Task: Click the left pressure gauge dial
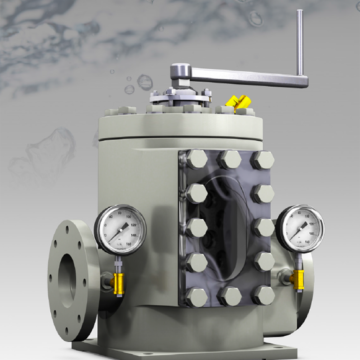[120, 228]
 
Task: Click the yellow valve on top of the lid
[238, 101]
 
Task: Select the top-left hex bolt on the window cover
[196, 161]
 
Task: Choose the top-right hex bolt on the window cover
[263, 160]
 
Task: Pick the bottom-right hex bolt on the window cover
[265, 295]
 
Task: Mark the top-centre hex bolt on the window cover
[229, 160]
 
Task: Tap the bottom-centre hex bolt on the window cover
[231, 297]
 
